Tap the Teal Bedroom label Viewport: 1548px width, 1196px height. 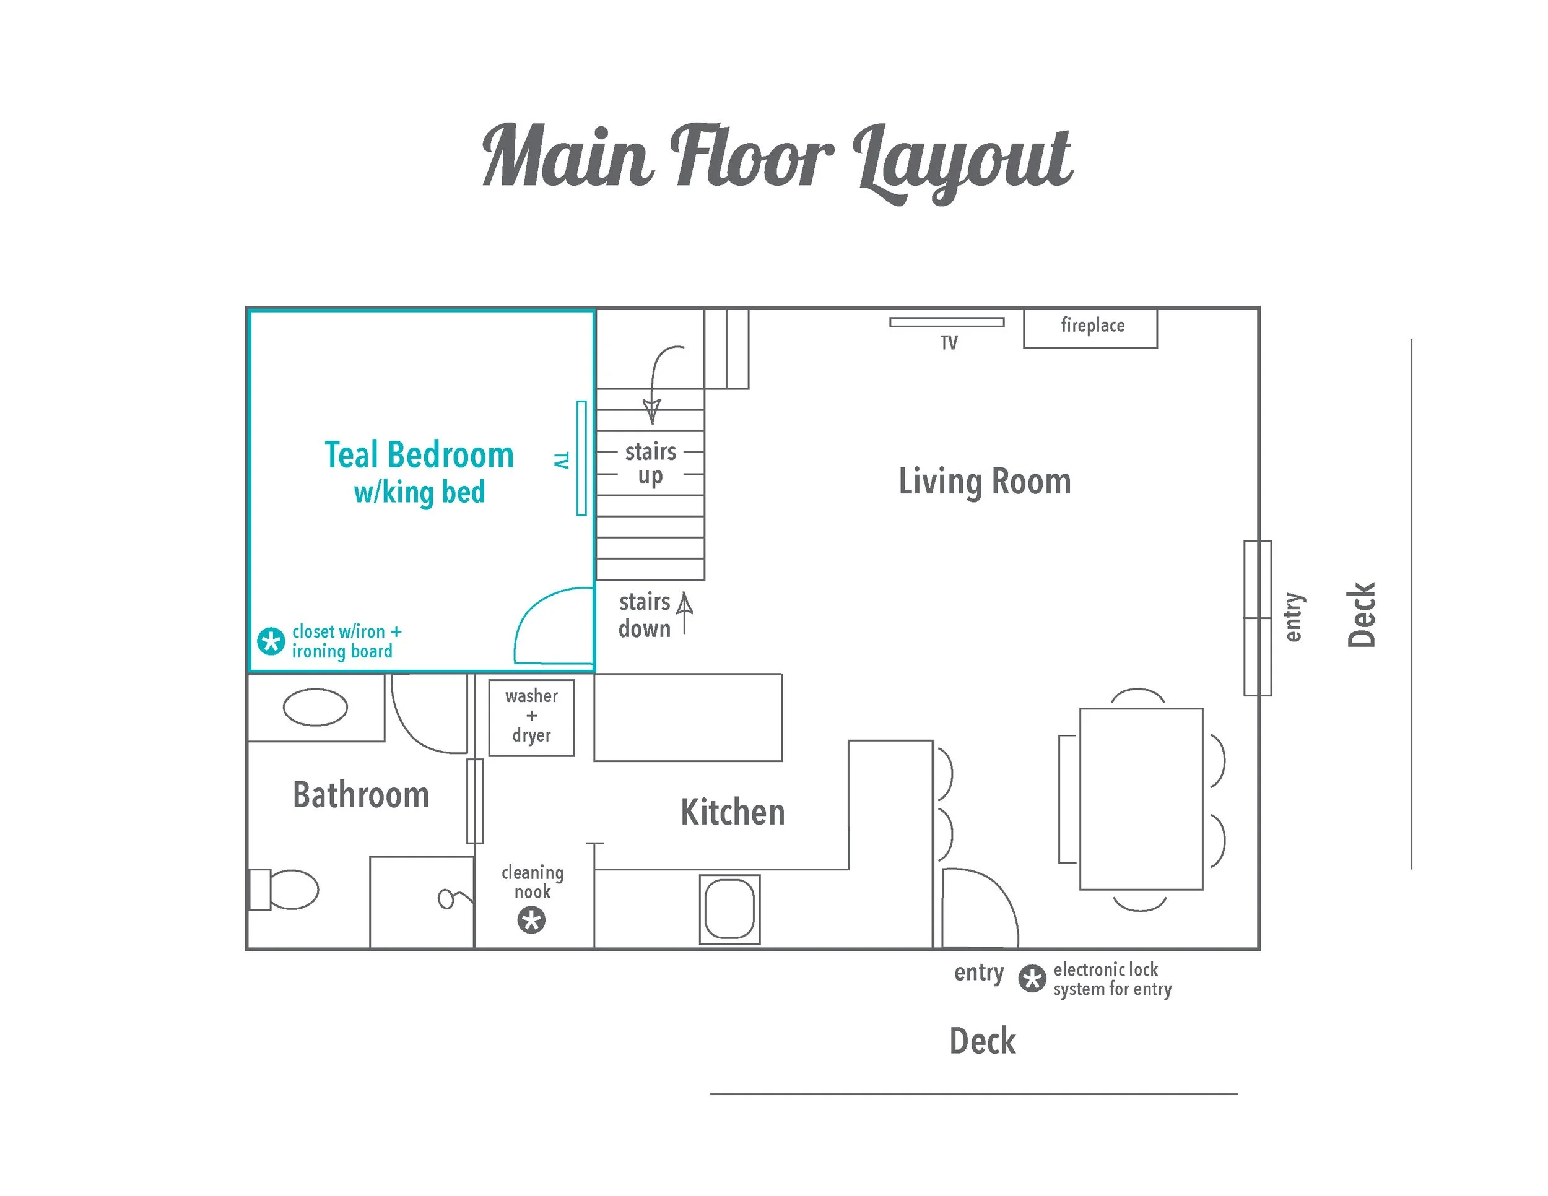point(419,456)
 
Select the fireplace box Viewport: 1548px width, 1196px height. point(1090,327)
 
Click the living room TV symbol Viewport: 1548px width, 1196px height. point(946,323)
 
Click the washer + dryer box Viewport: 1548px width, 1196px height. point(532,717)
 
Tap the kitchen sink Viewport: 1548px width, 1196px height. point(729,909)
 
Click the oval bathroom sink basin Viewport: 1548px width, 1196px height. point(315,707)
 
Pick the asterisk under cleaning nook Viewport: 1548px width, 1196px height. point(532,921)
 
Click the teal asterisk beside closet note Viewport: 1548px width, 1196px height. point(271,641)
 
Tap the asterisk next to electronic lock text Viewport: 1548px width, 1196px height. point(1032,979)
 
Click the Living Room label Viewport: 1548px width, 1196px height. point(985,482)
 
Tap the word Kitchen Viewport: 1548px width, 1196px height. point(732,813)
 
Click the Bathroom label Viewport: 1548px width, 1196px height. point(361,795)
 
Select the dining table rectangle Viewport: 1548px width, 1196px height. point(1141,799)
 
